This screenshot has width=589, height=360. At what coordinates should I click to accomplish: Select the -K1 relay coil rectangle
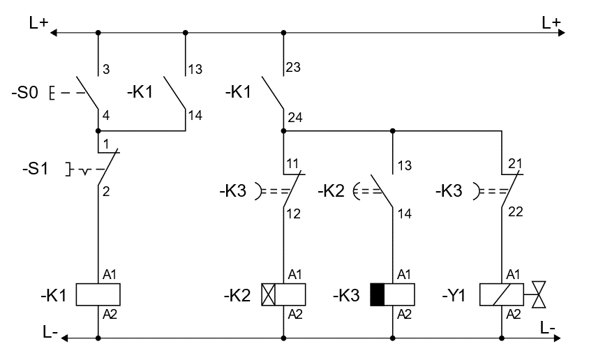pyautogui.click(x=98, y=294)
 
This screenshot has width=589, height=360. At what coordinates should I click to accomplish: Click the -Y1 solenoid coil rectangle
pyautogui.click(x=501, y=294)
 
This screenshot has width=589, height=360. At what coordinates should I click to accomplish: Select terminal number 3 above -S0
pyautogui.click(x=106, y=69)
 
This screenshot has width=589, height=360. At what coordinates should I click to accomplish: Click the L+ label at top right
pyautogui.click(x=551, y=22)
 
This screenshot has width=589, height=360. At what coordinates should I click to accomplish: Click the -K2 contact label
pyautogui.click(x=333, y=190)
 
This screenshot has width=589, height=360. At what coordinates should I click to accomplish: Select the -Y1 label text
pyautogui.click(x=454, y=294)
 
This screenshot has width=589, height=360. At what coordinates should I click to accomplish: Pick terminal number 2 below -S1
pyautogui.click(x=106, y=190)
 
